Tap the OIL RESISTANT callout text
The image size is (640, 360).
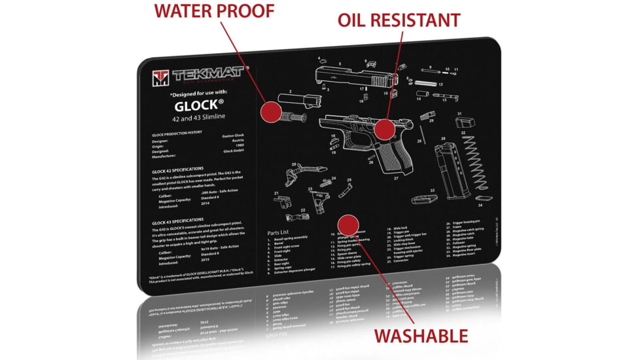[x=399, y=20]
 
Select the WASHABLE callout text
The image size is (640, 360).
[x=421, y=336]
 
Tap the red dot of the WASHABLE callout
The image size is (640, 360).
[x=347, y=225]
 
